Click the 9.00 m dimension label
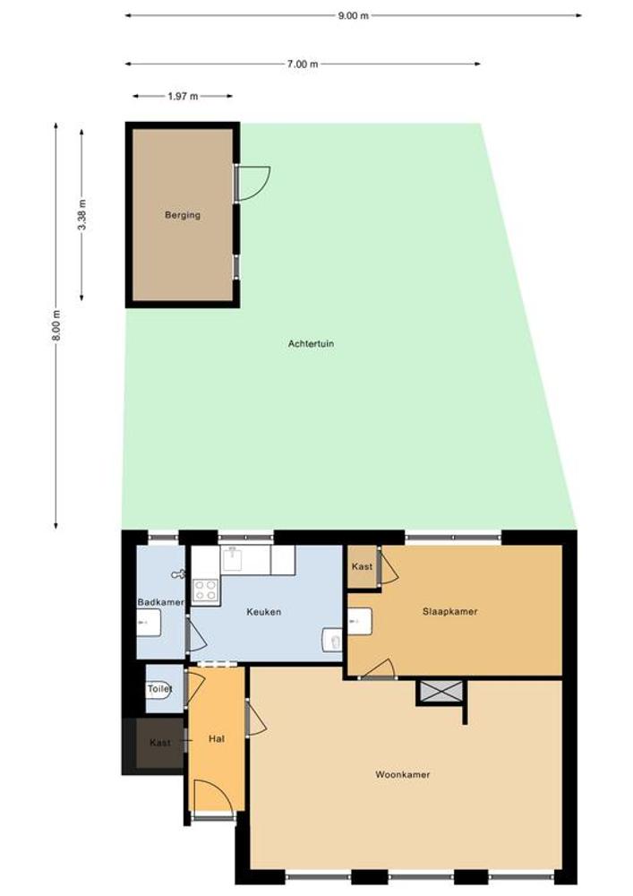click(x=354, y=15)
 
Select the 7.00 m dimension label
click(x=303, y=64)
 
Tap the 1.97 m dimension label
click(x=183, y=96)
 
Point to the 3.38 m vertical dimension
click(x=82, y=215)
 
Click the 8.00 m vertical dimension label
click(x=56, y=326)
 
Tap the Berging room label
click(x=183, y=215)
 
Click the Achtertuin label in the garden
click(x=311, y=343)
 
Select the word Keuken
click(x=264, y=611)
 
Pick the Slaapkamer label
click(x=449, y=611)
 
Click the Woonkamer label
click(x=402, y=774)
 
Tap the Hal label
click(x=217, y=738)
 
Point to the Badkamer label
click(x=160, y=602)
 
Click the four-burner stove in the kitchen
click(x=206, y=590)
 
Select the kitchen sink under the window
click(x=234, y=559)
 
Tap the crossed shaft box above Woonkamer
click(x=441, y=692)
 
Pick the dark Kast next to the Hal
click(x=160, y=743)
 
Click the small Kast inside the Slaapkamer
click(x=363, y=566)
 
